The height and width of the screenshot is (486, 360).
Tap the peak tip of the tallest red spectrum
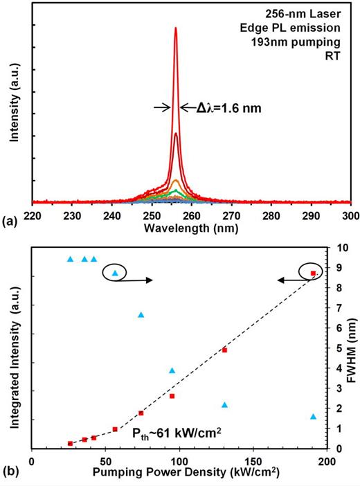[x=176, y=28]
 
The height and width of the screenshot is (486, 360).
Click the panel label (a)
[x=12, y=222]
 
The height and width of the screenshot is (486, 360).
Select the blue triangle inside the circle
[x=116, y=273]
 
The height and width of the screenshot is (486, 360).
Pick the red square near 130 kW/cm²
[x=224, y=350]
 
